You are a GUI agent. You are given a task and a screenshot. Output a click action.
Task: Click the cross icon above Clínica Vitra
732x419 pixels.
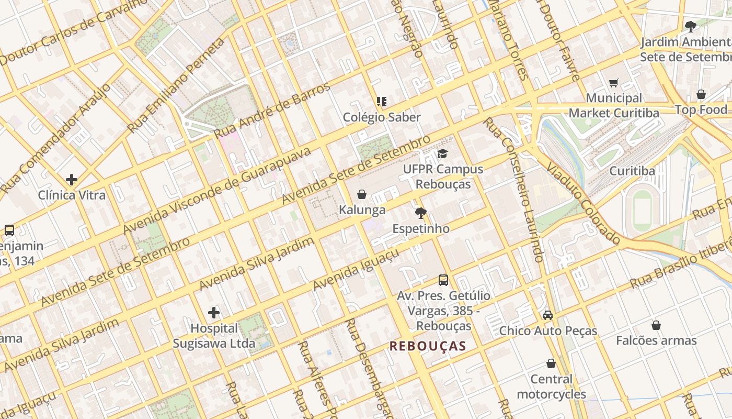pyautogui.click(x=72, y=180)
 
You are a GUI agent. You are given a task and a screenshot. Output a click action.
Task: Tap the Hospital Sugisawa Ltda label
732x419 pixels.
pyautogui.click(x=214, y=336)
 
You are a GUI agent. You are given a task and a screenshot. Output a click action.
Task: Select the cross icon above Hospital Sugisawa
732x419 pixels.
pyautogui.click(x=214, y=313)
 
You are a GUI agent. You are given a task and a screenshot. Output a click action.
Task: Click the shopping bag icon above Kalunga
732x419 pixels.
pyautogui.click(x=361, y=194)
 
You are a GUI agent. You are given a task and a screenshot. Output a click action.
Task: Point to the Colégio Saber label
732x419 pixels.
pyautogui.click(x=382, y=117)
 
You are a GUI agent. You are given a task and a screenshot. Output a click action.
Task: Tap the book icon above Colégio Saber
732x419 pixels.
pyautogui.click(x=382, y=102)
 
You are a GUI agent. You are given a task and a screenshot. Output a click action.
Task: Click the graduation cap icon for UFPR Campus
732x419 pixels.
pyautogui.click(x=443, y=153)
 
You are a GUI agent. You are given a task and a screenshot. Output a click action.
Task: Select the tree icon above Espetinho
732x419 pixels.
pyautogui.click(x=420, y=213)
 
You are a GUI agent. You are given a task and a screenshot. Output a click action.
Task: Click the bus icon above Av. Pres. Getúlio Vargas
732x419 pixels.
pyautogui.click(x=443, y=280)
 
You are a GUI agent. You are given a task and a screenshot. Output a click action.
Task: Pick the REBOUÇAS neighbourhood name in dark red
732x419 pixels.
pyautogui.click(x=428, y=346)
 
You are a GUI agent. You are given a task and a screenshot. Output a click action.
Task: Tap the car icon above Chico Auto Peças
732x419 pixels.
pyautogui.click(x=548, y=315)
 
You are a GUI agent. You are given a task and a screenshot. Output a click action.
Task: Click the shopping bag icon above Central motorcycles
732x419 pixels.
pyautogui.click(x=551, y=363)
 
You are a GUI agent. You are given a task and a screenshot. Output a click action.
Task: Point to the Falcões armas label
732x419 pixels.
pyautogui.click(x=656, y=340)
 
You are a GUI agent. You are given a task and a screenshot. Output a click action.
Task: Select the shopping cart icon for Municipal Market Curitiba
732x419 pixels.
pyautogui.click(x=614, y=83)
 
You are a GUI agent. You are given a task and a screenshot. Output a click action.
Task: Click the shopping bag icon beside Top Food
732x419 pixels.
pyautogui.click(x=701, y=94)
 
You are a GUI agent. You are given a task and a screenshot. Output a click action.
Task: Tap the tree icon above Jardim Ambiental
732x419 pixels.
pyautogui.click(x=691, y=26)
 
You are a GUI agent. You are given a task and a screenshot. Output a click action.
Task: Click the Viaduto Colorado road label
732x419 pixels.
pyautogui.click(x=583, y=204)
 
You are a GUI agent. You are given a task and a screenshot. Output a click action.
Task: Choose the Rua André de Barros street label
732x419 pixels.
pyautogui.click(x=272, y=111)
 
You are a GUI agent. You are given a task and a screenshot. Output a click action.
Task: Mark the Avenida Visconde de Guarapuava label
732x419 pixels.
pyautogui.click(x=217, y=191)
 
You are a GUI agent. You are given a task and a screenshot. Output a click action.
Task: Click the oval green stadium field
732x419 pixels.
pyautogui.click(x=643, y=208)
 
